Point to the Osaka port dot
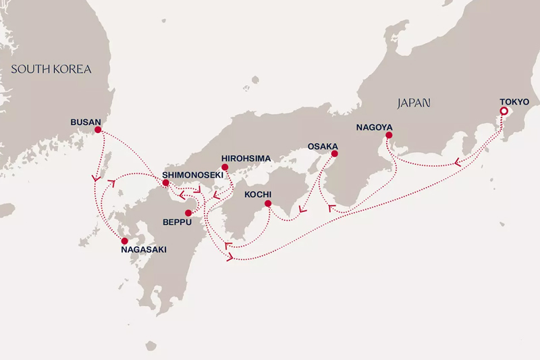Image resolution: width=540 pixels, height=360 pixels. [x=335, y=154]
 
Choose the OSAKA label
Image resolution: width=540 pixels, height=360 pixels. [x=323, y=146]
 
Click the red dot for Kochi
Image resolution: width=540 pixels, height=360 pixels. [x=268, y=203]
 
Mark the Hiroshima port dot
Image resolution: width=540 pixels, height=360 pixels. [x=225, y=167]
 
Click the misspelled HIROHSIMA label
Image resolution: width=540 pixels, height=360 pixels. [x=246, y=158]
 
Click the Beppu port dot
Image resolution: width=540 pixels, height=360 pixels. [x=188, y=212]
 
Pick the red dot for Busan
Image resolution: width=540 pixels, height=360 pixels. [x=98, y=130]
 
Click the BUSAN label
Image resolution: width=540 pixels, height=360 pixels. [x=85, y=122]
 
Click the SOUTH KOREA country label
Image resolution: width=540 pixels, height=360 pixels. [x=51, y=69]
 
